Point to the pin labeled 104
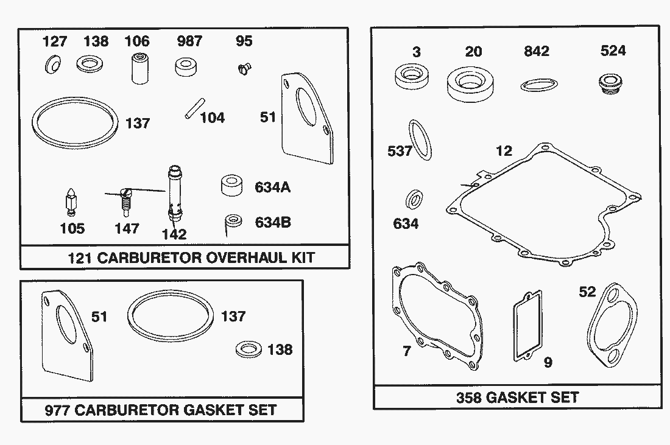[x=191, y=110]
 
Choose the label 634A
[x=272, y=187]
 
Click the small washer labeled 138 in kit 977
[x=248, y=349]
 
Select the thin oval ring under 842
[x=540, y=84]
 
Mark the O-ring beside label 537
[x=420, y=139]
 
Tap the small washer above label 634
[x=414, y=200]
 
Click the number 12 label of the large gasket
[x=504, y=151]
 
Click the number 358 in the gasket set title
[x=469, y=398]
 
